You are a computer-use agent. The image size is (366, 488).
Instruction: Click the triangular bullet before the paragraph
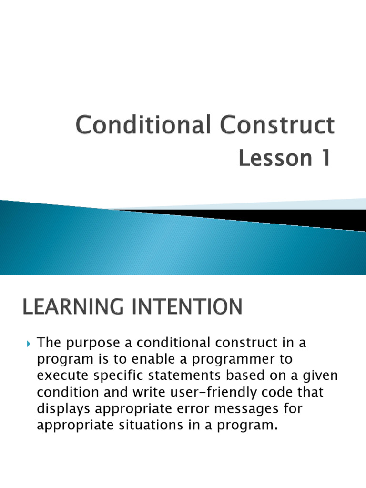[28, 343]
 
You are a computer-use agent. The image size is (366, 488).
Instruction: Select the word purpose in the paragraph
[89, 343]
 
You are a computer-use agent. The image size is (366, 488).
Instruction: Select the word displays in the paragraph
[61, 408]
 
